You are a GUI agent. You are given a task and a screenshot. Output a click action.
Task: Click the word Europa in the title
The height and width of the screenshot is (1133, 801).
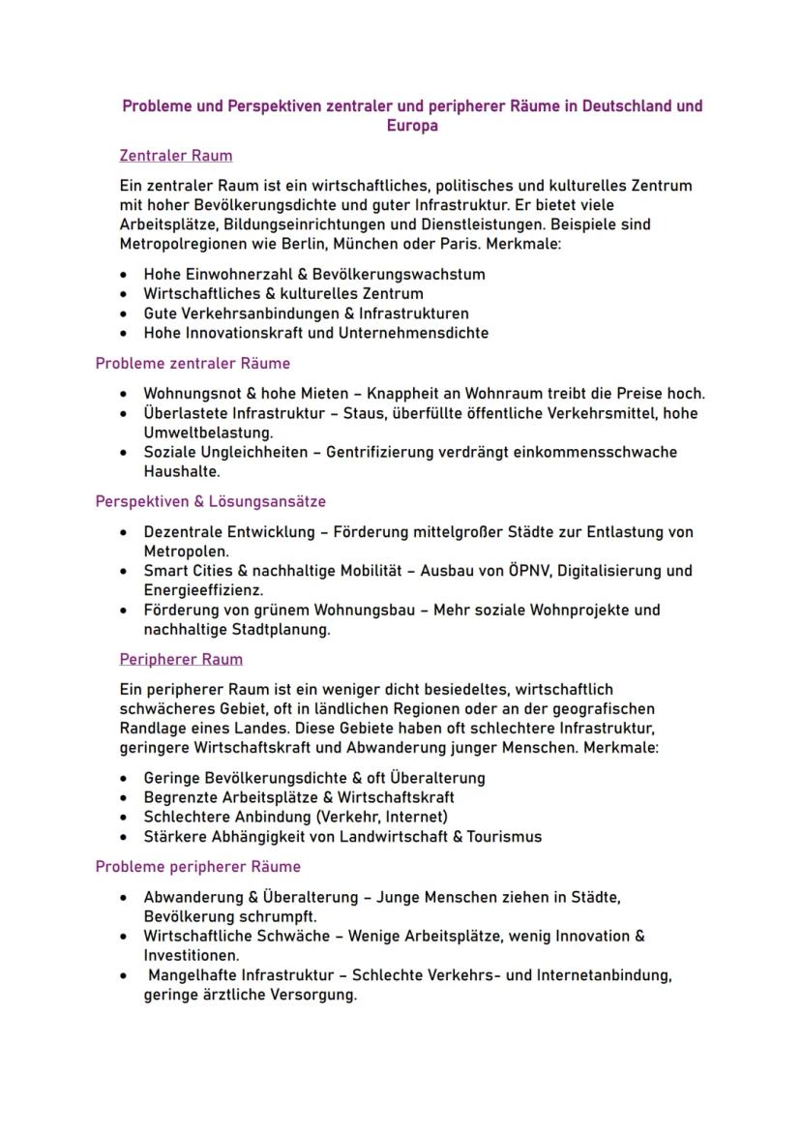pyautogui.click(x=412, y=126)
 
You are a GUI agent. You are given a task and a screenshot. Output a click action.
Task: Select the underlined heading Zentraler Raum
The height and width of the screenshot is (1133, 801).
pyautogui.click(x=175, y=156)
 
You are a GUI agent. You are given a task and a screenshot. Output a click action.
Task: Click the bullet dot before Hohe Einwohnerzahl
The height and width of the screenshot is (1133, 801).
pyautogui.click(x=123, y=275)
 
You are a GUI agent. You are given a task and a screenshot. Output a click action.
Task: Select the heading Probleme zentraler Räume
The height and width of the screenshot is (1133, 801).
pyautogui.click(x=193, y=364)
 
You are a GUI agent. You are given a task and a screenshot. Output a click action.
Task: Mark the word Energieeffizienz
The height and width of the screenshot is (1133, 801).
pyautogui.click(x=203, y=589)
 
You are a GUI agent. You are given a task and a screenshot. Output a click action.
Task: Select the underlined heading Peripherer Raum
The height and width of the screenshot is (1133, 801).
pyautogui.click(x=181, y=660)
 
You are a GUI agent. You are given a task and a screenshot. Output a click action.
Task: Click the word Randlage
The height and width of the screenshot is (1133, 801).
pyautogui.click(x=153, y=728)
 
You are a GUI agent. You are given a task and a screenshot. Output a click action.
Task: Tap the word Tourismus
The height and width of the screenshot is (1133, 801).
pyautogui.click(x=504, y=837)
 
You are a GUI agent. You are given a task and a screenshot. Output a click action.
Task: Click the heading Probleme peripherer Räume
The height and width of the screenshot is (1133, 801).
pyautogui.click(x=197, y=867)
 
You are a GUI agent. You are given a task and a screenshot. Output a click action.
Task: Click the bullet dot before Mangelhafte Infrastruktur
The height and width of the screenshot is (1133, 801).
pyautogui.click(x=123, y=976)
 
